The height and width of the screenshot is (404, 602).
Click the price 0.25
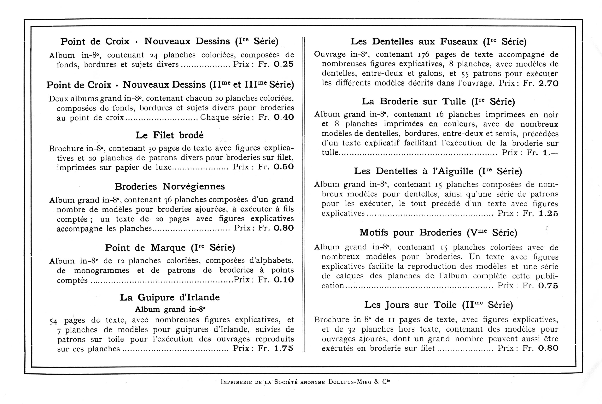pos(283,64)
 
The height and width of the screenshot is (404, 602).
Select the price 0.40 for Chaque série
pos(283,117)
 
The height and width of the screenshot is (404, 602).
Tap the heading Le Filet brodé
pos(169,135)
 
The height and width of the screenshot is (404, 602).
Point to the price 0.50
pos(283,167)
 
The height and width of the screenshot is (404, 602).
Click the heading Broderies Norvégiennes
pos(169,186)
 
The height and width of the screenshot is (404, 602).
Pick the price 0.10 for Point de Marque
pos(283,280)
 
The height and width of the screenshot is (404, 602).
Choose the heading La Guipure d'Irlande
pos(170,297)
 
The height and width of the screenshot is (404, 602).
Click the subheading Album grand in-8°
pos(170,309)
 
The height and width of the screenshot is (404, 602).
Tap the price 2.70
pos(548,83)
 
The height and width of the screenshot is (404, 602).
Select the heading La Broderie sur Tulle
pos(438,102)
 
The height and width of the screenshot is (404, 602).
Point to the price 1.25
pos(548,213)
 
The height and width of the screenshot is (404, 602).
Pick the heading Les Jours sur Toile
pos(438,305)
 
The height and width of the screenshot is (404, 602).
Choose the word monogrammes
pos(102,270)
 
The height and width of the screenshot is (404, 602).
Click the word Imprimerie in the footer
pos(236,382)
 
